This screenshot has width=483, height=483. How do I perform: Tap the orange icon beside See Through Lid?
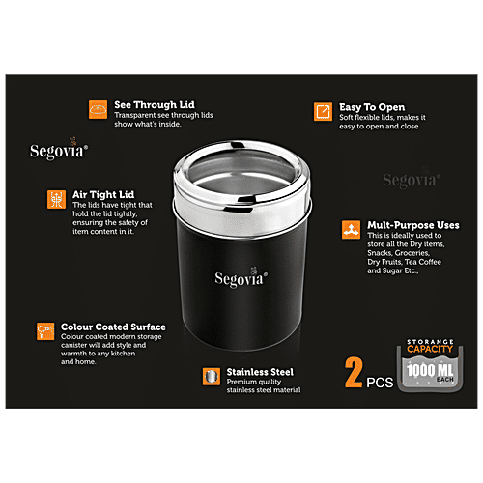click(98, 109)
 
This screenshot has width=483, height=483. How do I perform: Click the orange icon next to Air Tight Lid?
click(56, 199)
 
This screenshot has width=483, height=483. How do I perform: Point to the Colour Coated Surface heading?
click(113, 327)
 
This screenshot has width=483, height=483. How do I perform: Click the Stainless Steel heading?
click(261, 371)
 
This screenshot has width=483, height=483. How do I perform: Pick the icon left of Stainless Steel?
click(209, 376)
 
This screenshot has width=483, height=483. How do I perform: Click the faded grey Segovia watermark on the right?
click(412, 180)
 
